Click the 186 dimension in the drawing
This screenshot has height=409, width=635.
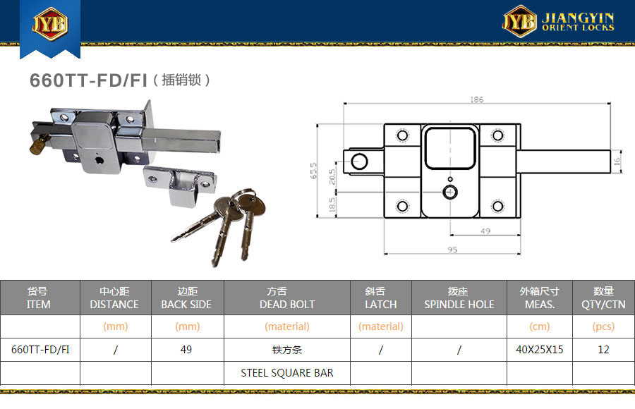click(x=477, y=99)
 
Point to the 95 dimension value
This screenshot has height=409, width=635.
click(x=452, y=250)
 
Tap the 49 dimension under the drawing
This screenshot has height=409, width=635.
click(x=485, y=231)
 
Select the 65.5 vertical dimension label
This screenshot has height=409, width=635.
click(x=313, y=171)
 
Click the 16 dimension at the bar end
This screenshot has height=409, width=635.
click(x=617, y=161)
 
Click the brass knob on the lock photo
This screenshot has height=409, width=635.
click(x=39, y=144)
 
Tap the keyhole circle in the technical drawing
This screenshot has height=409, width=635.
click(x=450, y=192)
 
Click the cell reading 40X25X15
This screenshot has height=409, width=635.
click(x=540, y=350)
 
